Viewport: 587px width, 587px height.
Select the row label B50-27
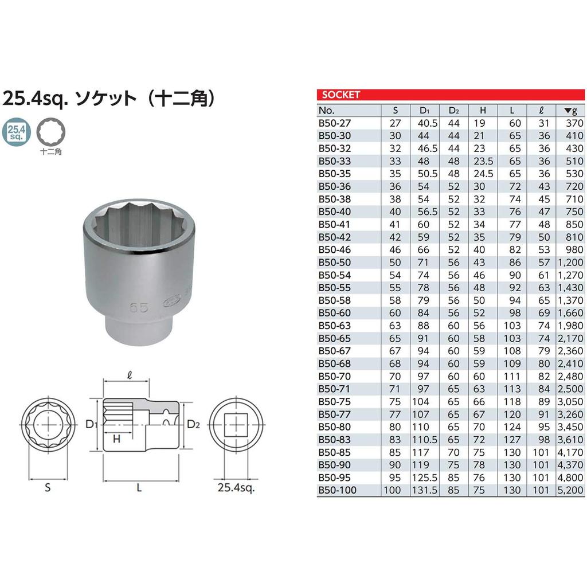tap(334, 123)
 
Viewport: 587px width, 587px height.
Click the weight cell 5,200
tap(570, 490)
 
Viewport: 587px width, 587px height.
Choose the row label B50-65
tap(334, 338)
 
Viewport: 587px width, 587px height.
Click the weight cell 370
tap(574, 123)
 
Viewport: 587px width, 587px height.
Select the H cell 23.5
tap(482, 161)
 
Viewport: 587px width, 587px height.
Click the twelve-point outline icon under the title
tap(50, 131)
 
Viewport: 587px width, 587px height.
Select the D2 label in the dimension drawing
tap(193, 425)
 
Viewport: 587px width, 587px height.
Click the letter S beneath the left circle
tap(48, 488)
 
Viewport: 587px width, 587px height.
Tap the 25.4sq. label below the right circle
tap(236, 488)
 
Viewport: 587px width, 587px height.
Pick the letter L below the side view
tap(140, 488)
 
